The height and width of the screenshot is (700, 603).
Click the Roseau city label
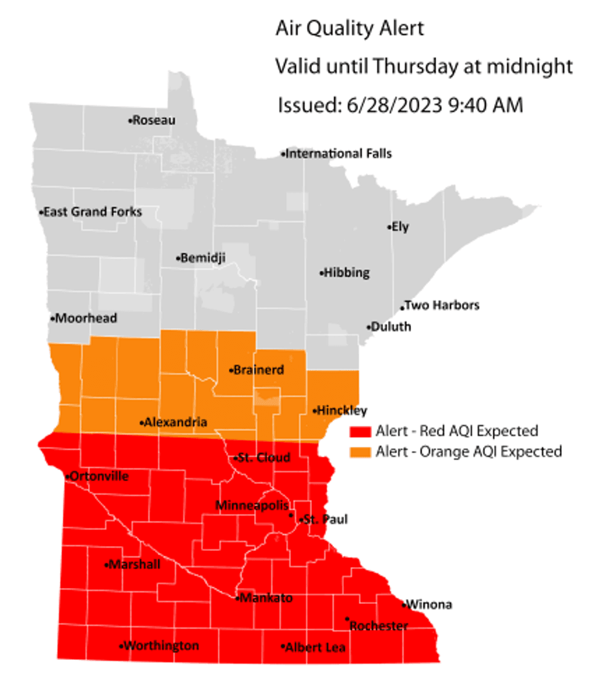coord(154,121)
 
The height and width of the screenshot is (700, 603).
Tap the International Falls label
coord(338,153)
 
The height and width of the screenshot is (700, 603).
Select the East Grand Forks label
coord(92,212)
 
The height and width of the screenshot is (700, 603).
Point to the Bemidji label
coord(202,258)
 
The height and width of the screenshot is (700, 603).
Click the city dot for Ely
coord(389,227)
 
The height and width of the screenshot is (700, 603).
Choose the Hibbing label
coord(346,273)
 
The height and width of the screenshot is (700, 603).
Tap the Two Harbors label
coord(441,305)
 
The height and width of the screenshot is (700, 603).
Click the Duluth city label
coord(391,327)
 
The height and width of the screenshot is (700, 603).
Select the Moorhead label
coord(86,319)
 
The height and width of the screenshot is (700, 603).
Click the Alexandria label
coord(175,422)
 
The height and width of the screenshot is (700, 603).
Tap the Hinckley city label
coord(342,410)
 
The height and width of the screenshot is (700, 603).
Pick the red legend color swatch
coord(360,431)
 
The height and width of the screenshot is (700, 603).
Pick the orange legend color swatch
coord(360,452)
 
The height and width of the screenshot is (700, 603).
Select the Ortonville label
coord(99,476)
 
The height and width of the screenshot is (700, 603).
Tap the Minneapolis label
coord(252,505)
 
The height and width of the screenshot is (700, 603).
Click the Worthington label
coord(161,646)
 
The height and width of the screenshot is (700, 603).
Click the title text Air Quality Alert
coord(349,28)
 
